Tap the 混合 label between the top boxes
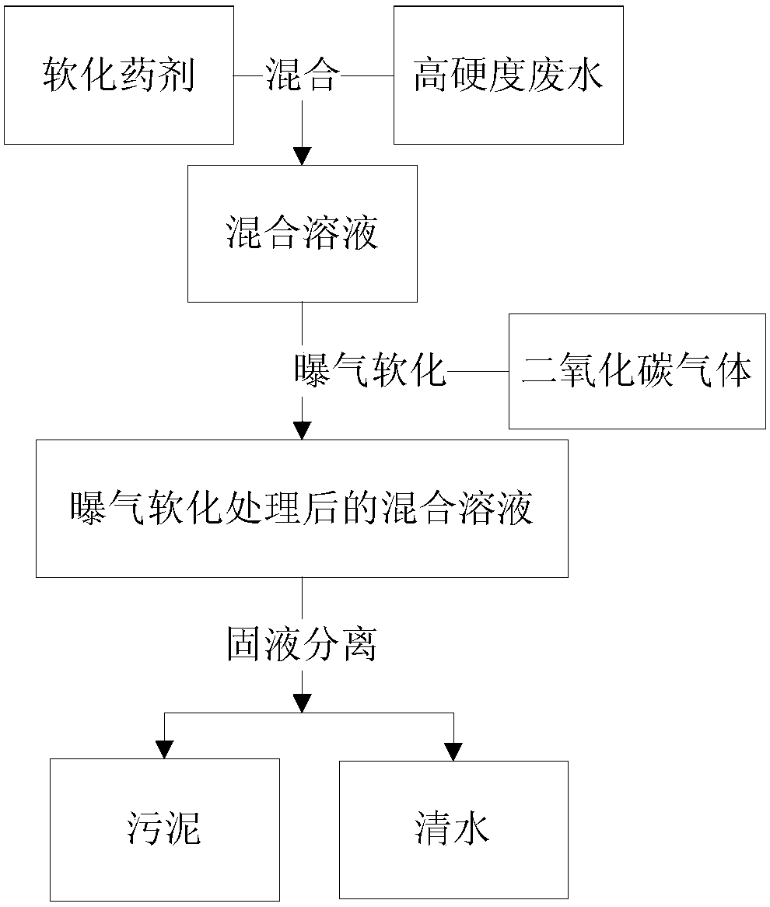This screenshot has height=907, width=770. coord(302,75)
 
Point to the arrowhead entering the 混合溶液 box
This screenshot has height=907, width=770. coord(302,156)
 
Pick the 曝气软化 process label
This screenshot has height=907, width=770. coord(370,370)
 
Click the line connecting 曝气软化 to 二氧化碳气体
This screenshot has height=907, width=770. coord(478,371)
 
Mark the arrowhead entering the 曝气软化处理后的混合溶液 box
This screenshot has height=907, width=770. coord(302,431)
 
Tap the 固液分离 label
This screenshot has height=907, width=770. coord(302,644)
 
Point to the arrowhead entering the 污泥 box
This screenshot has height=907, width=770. coord(165,750)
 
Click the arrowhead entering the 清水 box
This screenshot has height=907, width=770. coord(453,751)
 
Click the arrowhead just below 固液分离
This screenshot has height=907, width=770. coord(302,704)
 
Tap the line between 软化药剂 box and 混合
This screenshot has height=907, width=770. coord(250,75)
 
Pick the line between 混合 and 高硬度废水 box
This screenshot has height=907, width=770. coord(367,75)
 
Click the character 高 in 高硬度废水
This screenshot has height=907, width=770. coord(432,75)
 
